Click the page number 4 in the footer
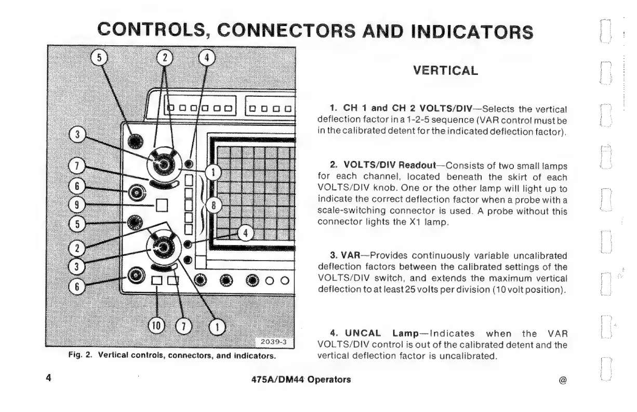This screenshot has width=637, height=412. pyautogui.click(x=48, y=379)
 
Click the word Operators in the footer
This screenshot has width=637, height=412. pyautogui.click(x=329, y=379)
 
